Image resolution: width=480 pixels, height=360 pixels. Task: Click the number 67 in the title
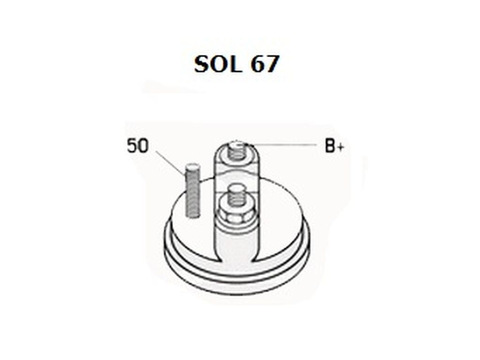click(265, 64)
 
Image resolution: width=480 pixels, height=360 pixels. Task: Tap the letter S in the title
click(203, 64)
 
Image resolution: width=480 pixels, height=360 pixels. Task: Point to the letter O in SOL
click(219, 64)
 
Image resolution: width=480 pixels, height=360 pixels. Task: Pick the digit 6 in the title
click(258, 64)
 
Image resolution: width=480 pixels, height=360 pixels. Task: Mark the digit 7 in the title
click(272, 64)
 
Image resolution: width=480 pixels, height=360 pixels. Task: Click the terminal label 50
click(137, 146)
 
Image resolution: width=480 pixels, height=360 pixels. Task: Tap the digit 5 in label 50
click(132, 146)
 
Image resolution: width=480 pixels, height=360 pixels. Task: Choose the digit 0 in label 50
click(142, 146)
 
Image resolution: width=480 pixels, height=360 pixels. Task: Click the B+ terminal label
click(334, 147)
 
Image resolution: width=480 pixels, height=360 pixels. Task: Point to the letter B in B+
click(330, 147)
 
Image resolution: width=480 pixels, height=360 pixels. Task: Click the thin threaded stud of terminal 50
click(193, 192)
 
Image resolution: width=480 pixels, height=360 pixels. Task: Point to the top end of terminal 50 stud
click(193, 166)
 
